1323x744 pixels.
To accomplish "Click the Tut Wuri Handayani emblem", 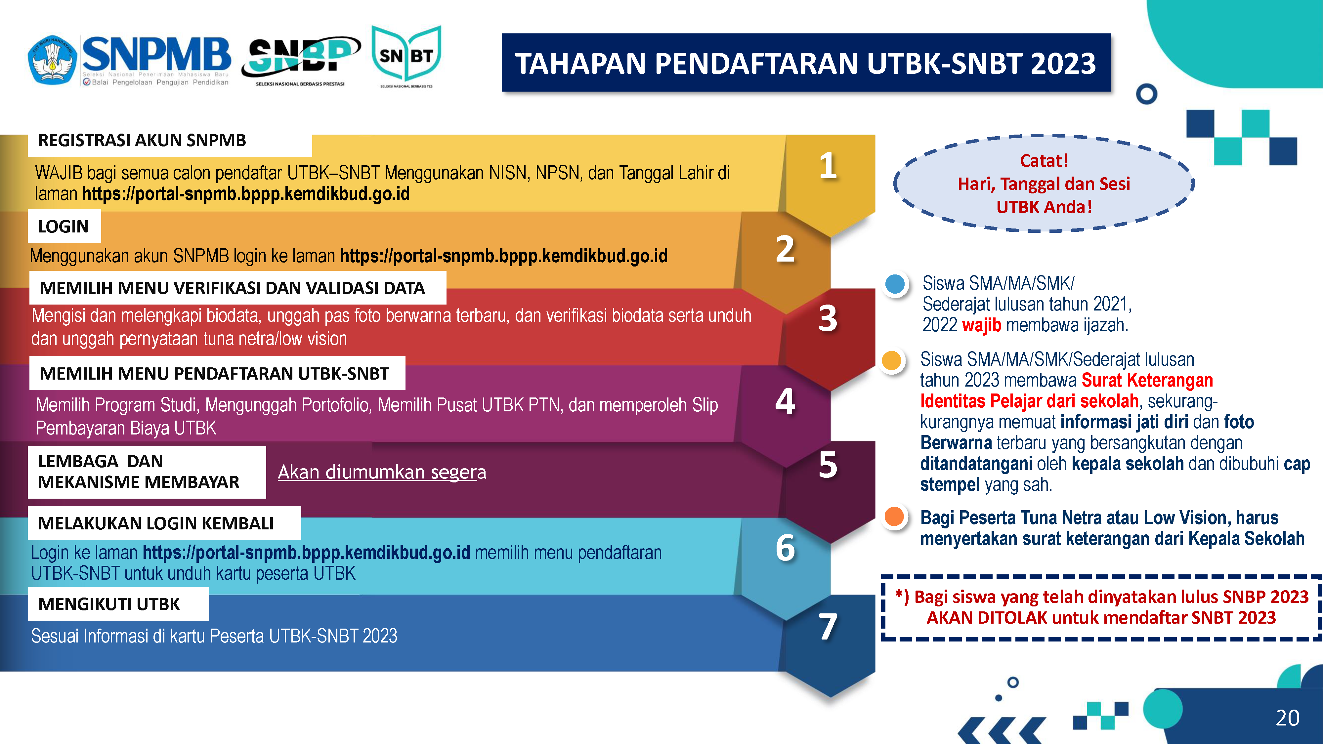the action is click(52, 60).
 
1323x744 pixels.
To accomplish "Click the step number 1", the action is click(828, 166).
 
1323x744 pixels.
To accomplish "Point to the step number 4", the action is click(785, 401).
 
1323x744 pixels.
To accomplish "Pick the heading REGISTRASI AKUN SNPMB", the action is click(142, 140).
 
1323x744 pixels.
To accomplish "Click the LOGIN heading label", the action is click(63, 227).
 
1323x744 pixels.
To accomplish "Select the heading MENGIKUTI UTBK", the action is click(109, 604).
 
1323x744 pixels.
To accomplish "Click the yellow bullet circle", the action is click(892, 360).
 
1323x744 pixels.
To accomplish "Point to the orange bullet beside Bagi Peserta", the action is click(894, 517).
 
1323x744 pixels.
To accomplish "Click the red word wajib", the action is click(981, 325).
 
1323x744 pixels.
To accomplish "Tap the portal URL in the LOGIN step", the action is click(504, 256).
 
